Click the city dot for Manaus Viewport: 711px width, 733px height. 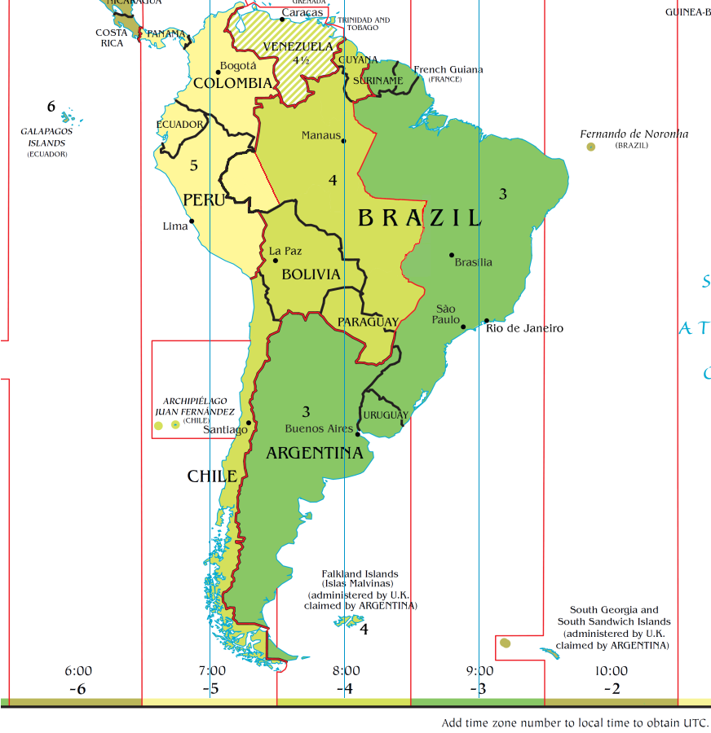(343, 141)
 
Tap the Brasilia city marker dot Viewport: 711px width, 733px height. (452, 255)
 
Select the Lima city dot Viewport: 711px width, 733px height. (192, 221)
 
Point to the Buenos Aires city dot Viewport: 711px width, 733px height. (358, 434)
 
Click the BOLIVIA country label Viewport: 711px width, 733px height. (311, 274)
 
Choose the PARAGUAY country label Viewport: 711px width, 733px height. (368, 322)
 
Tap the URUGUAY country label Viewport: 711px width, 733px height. (386, 415)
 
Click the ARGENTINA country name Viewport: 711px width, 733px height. (314, 453)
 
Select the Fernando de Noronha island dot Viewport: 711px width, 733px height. (591, 147)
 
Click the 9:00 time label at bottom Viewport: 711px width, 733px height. (479, 671)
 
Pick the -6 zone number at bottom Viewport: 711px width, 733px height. (77, 689)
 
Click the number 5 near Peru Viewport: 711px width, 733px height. (193, 165)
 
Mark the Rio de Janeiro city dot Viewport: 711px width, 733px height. (487, 321)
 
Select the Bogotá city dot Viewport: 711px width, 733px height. (219, 72)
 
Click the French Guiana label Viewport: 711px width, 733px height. (448, 69)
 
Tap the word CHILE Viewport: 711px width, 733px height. (212, 476)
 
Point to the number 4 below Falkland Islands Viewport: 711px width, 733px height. (364, 630)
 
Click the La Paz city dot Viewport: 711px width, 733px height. (276, 260)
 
